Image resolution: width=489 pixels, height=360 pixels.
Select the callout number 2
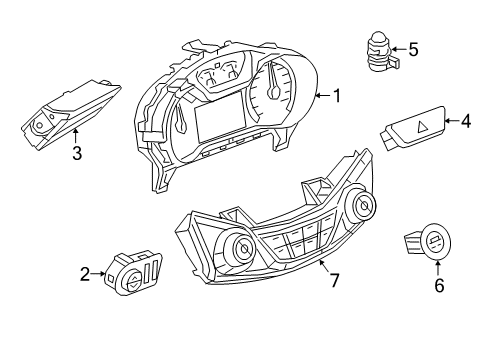(86, 272)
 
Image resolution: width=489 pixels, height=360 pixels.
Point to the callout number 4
(465, 122)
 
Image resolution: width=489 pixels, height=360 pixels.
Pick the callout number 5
(414, 47)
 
